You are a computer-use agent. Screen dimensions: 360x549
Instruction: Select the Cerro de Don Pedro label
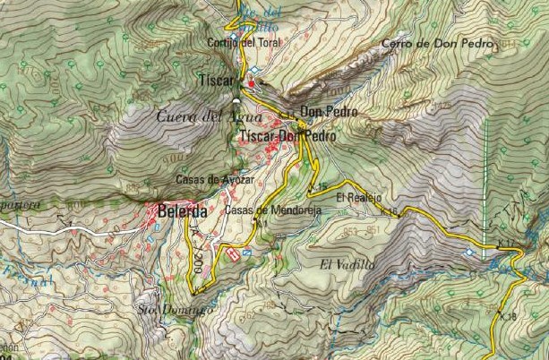click(437, 44)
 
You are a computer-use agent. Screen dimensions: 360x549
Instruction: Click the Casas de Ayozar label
click(216, 179)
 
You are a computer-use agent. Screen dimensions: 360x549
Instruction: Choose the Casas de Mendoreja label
click(272, 210)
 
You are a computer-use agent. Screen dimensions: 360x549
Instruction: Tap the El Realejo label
click(354, 197)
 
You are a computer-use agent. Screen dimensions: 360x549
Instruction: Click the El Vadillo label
click(345, 264)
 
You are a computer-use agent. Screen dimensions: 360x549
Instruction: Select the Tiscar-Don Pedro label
click(288, 136)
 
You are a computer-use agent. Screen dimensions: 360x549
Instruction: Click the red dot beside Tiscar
click(252, 83)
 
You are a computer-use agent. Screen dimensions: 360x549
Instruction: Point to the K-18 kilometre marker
click(508, 316)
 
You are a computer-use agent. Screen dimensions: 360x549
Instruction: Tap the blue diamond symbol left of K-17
click(471, 253)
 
